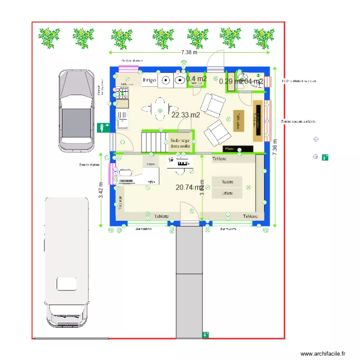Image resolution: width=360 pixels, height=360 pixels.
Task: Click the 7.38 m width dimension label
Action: pyautogui.click(x=189, y=52)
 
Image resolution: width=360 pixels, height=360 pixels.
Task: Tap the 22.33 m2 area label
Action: pyautogui.click(x=185, y=115)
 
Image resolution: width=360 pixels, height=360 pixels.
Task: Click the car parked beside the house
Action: pyautogui.click(x=77, y=110)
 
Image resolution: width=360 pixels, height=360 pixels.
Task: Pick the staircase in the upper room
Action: pyautogui.click(x=153, y=141)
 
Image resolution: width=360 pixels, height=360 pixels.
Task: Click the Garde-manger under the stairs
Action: pyautogui.click(x=180, y=142)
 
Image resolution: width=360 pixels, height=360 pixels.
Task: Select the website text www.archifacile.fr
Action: pyautogui.click(x=323, y=354)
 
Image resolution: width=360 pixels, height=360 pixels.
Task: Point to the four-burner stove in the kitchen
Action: pyautogui.click(x=121, y=92)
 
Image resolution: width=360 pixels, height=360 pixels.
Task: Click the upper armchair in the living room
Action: pyautogui.click(x=213, y=105)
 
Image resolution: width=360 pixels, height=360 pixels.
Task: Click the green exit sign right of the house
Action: pyautogui.click(x=325, y=157)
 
